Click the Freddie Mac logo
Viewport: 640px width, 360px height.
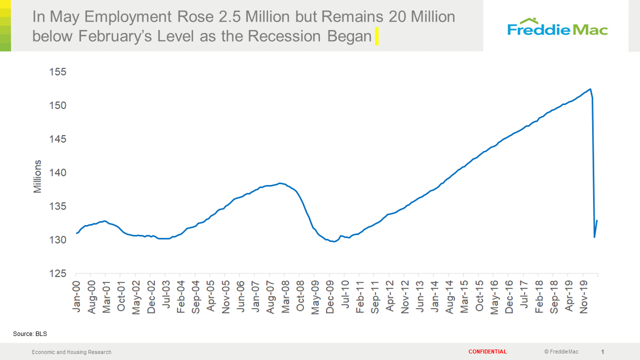point(557,27)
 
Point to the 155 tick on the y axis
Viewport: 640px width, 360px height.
point(57,72)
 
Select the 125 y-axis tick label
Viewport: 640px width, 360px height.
point(57,274)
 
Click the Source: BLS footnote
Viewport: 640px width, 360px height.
point(29,333)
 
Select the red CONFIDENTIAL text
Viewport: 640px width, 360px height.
point(487,352)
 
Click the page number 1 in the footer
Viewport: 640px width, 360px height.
point(602,352)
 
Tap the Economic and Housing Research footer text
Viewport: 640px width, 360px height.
point(71,352)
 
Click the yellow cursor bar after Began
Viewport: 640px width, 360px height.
point(376,36)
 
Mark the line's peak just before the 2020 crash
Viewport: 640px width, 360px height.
point(590,89)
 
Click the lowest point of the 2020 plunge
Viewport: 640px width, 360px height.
point(594,237)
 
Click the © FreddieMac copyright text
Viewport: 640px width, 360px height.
point(561,352)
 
